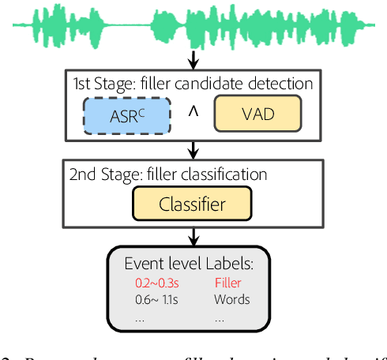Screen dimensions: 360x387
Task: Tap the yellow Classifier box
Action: pos(193,204)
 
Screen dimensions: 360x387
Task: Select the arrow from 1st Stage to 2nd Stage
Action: pos(193,150)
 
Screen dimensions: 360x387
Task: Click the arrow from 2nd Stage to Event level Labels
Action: pos(193,235)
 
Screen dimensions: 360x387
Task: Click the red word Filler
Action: pos(229,282)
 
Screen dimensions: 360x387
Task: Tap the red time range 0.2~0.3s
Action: pos(152,282)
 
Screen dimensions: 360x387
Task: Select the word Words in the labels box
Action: pos(231,299)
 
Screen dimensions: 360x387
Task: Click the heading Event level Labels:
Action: pos(187,264)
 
